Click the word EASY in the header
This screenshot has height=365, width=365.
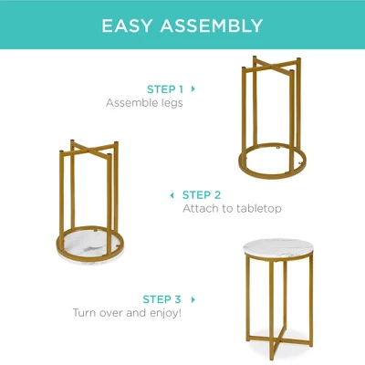tap(130, 25)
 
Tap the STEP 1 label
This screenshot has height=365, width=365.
tap(165, 89)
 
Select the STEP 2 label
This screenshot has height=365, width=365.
tap(202, 194)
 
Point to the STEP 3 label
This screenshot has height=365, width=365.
tap(162, 298)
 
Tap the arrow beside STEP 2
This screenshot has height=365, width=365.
tap(172, 194)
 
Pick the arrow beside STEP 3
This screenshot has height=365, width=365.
tap(193, 298)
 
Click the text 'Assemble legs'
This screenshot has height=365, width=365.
tap(144, 103)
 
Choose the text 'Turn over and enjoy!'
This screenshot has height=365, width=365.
tap(127, 313)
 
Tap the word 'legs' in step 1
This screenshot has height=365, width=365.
tap(171, 103)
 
